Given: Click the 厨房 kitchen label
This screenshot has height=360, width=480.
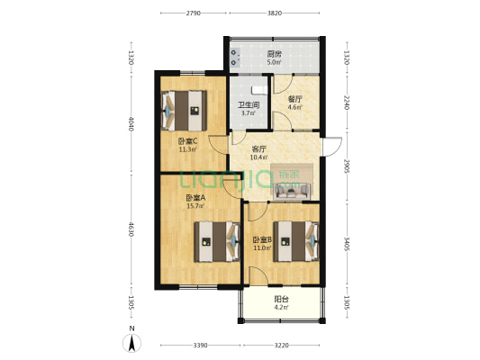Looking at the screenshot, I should (274, 54).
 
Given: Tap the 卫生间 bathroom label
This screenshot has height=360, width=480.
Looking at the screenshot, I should (248, 105).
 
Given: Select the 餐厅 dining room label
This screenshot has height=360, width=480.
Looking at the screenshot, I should (294, 99).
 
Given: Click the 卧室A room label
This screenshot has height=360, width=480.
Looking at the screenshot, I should (195, 198).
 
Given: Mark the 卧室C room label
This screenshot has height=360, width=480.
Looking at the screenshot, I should (187, 141).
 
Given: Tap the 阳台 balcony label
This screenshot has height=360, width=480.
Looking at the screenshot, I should (281, 299).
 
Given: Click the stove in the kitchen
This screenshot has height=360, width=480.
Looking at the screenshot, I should (235, 57).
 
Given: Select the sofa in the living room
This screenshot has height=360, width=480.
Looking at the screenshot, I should (293, 190).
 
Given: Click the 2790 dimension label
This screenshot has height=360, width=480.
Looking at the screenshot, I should (194, 13).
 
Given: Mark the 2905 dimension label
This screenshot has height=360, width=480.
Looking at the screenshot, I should (347, 165).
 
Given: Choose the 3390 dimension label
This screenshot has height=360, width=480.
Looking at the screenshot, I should (200, 346).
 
